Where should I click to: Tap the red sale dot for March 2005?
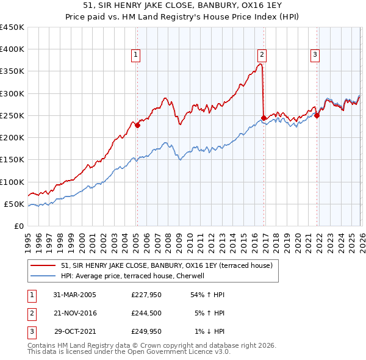[138, 126]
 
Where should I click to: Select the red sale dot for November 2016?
[264, 118]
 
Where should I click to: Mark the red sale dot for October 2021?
[317, 115]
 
